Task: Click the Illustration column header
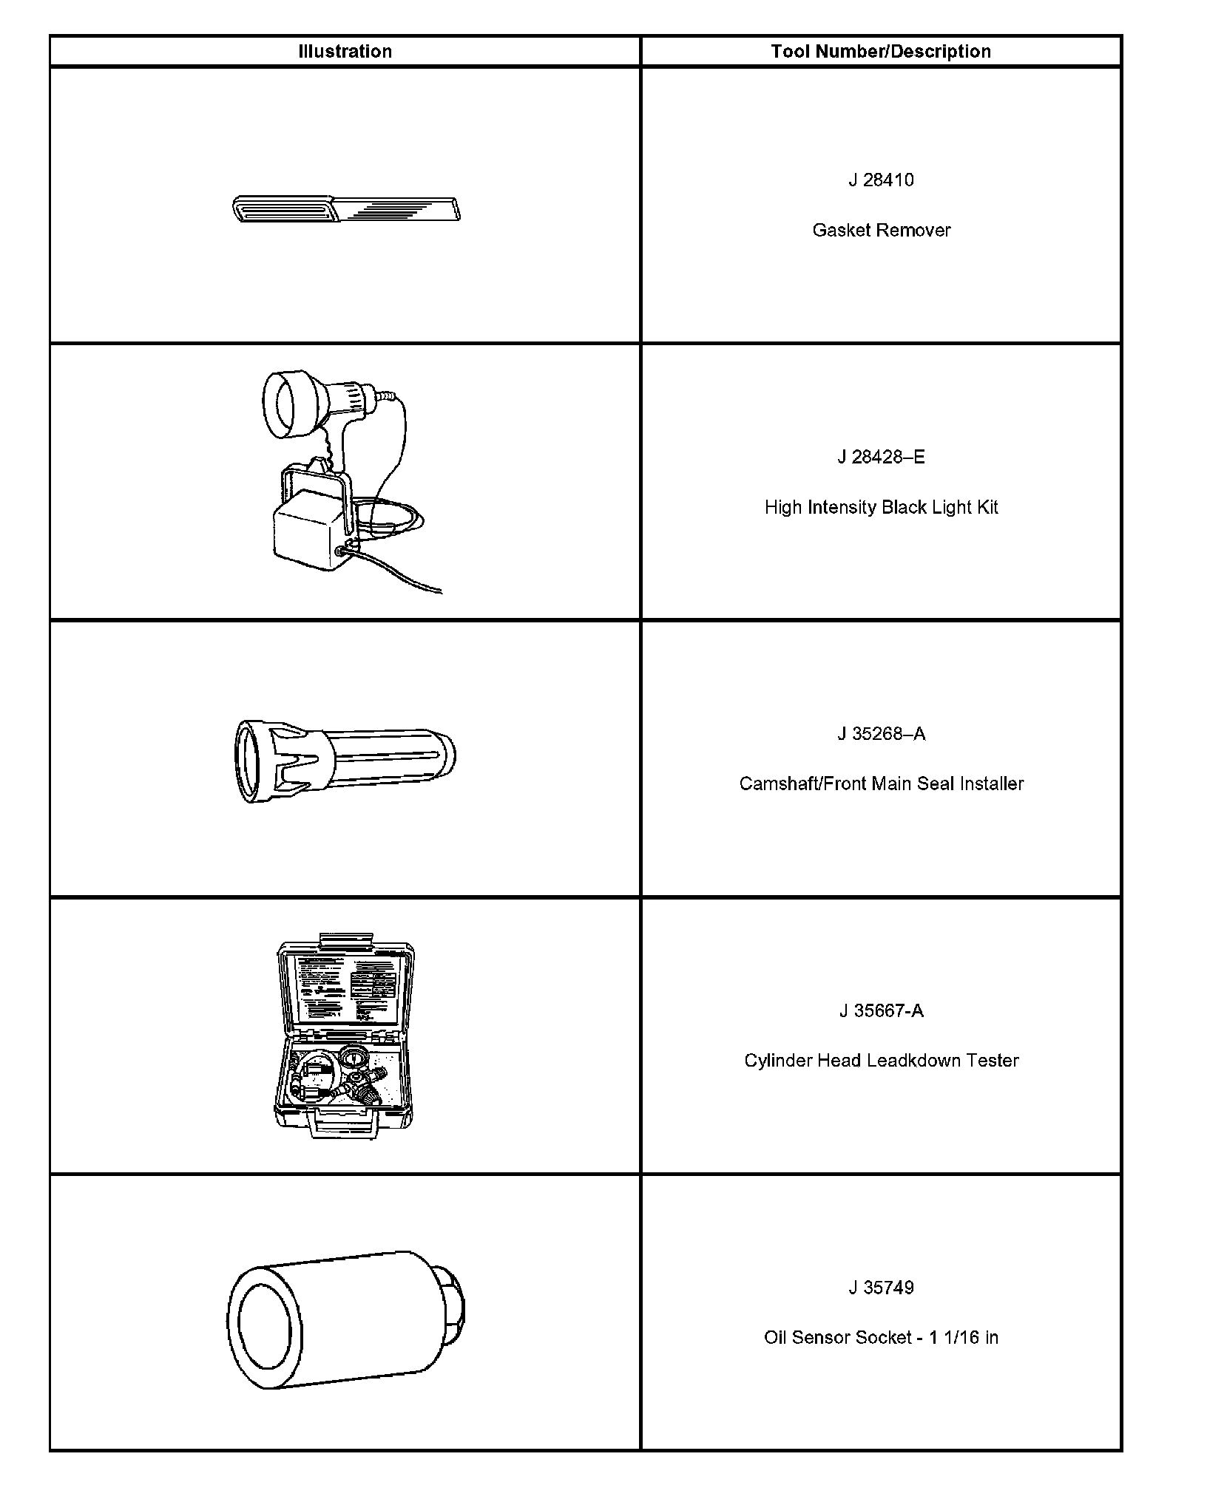pyautogui.click(x=345, y=52)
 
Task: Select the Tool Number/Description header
pyautogui.click(x=880, y=52)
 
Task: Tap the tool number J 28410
pyautogui.click(x=880, y=180)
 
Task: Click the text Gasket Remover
pyautogui.click(x=881, y=231)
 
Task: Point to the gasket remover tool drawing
pyautogui.click(x=346, y=208)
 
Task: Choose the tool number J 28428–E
pyautogui.click(x=880, y=457)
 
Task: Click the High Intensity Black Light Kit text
pyautogui.click(x=881, y=507)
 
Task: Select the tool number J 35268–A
pyautogui.click(x=880, y=733)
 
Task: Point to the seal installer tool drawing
pyautogui.click(x=345, y=760)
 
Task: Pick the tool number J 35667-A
pyautogui.click(x=881, y=1010)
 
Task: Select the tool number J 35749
pyautogui.click(x=880, y=1288)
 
